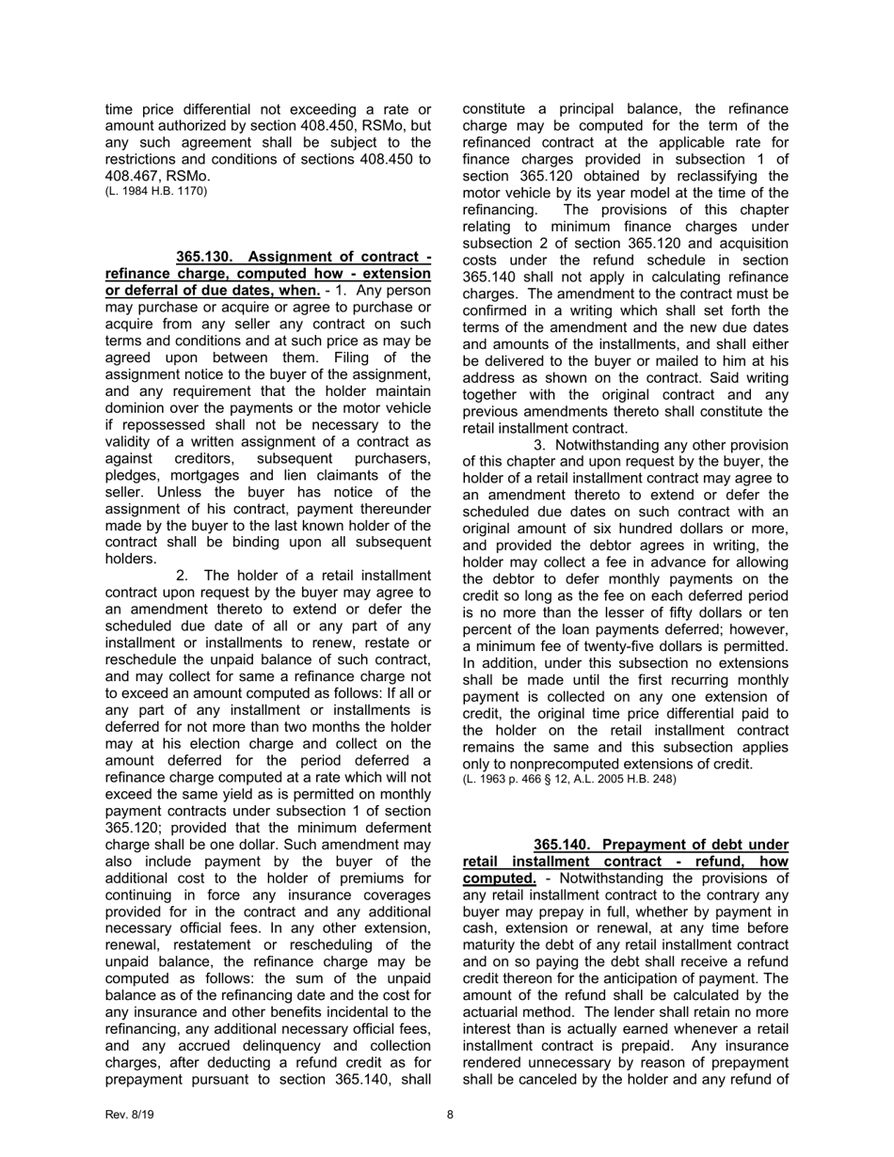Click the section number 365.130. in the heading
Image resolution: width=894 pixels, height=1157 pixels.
205,257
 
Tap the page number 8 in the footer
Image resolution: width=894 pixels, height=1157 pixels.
450,1115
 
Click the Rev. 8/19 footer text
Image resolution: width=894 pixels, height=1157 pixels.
129,1115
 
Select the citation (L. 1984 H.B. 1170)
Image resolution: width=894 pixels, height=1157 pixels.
156,192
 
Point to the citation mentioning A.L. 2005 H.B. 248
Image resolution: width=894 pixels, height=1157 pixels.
569,780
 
